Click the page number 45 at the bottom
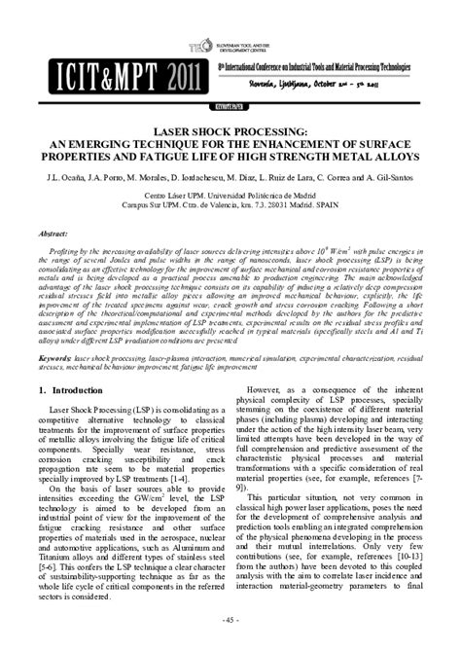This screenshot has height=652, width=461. point(230,620)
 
